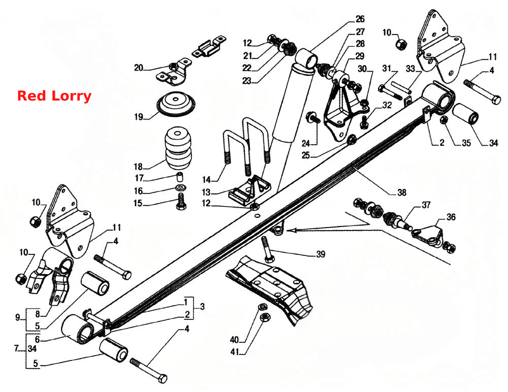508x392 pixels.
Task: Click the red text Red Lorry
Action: [54, 96]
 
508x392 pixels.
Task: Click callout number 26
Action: [360, 19]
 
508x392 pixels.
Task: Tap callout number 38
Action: [402, 192]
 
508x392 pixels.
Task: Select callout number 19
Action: [139, 117]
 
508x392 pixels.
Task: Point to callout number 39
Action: [321, 254]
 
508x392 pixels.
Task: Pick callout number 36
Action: [451, 217]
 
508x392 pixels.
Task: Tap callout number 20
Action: [139, 68]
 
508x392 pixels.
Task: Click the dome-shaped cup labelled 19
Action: [176, 104]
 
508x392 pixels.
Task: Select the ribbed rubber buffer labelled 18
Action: [178, 148]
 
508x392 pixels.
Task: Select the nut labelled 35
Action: [444, 120]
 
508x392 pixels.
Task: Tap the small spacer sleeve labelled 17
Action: [180, 177]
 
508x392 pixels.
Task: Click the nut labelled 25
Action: [352, 140]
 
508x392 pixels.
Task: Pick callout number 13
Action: [206, 192]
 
